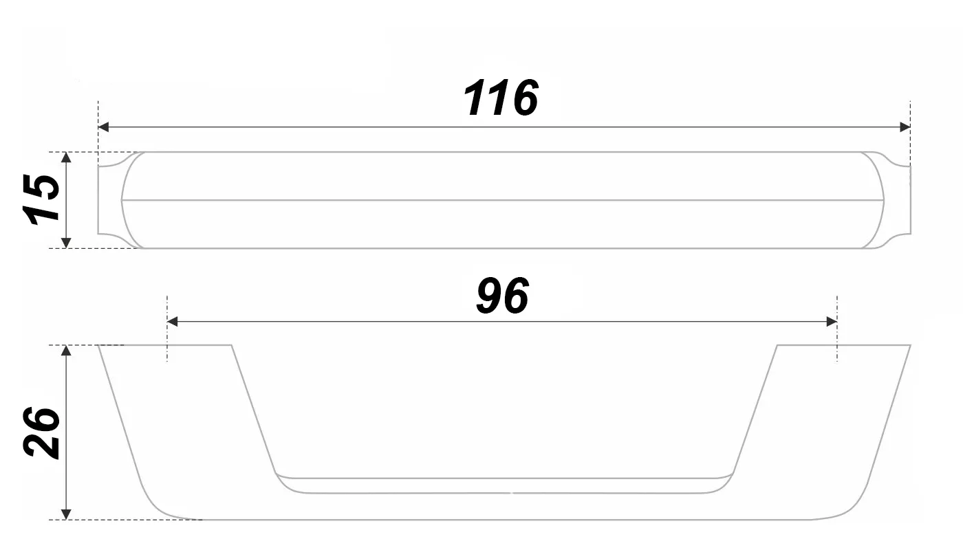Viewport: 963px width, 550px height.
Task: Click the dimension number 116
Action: pyautogui.click(x=501, y=98)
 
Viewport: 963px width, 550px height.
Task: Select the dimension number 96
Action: pyautogui.click(x=503, y=297)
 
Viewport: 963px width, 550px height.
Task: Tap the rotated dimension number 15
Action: pyautogui.click(x=41, y=199)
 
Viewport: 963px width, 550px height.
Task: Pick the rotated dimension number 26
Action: pyautogui.click(x=41, y=432)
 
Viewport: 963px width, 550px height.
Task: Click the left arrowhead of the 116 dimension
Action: pyautogui.click(x=104, y=127)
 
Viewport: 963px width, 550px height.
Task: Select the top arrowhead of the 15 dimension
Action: pyautogui.click(x=66, y=157)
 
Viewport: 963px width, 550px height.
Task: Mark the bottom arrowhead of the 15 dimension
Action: pyautogui.click(x=66, y=242)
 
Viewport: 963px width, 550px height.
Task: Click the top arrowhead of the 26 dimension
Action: pyautogui.click(x=66, y=351)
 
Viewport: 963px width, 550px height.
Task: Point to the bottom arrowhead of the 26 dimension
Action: pyautogui.click(x=66, y=514)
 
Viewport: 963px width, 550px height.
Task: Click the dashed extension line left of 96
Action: pyautogui.click(x=167, y=344)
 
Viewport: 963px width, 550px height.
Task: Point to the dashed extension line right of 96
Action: pyautogui.click(x=837, y=344)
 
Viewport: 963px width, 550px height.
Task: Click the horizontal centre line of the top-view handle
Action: pyautogui.click(x=502, y=200)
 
